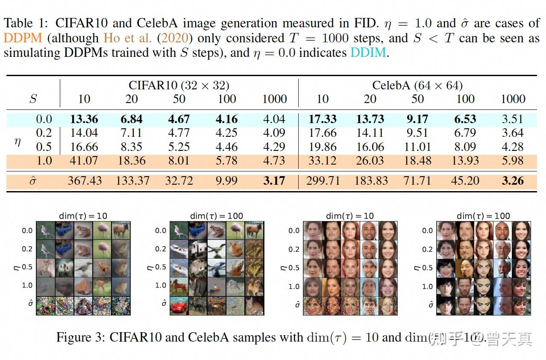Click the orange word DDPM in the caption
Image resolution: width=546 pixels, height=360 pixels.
[x=23, y=38]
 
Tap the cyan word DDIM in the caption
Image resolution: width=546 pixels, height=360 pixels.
[x=369, y=53]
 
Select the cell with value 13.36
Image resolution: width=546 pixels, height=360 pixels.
[x=84, y=119]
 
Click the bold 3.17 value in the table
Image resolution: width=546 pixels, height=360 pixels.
[x=274, y=181]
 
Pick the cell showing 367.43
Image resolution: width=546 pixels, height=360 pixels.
[x=85, y=181]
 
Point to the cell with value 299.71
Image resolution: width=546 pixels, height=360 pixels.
[x=323, y=181]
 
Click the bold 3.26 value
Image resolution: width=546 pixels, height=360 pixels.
[x=512, y=181]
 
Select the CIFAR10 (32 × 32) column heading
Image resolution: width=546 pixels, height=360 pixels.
[x=179, y=85]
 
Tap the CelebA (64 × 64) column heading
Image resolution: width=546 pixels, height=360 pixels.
[x=417, y=85]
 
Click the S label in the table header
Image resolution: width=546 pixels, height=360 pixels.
[x=33, y=99]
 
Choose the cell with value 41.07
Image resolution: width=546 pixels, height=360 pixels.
[x=84, y=161]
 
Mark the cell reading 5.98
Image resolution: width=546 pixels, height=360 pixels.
[x=512, y=161]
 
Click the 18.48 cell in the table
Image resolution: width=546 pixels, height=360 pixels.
[x=417, y=161]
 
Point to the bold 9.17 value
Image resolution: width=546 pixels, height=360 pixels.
[x=417, y=119]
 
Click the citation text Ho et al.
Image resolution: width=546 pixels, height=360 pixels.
[x=127, y=38]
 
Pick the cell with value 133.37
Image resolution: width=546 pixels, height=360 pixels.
[x=132, y=181]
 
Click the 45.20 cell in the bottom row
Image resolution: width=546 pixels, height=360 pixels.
[x=465, y=181]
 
